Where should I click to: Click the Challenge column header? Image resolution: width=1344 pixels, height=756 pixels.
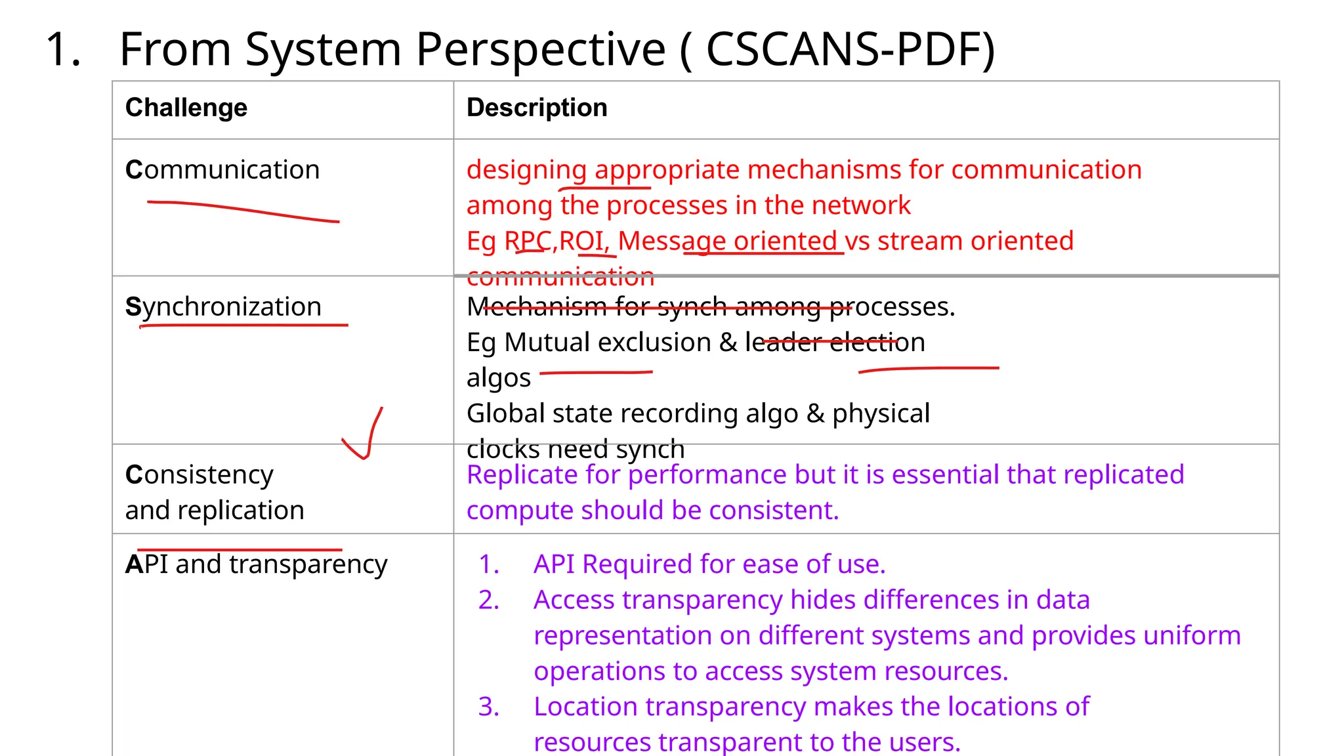(x=186, y=108)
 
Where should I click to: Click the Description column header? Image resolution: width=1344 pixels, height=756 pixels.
(x=537, y=108)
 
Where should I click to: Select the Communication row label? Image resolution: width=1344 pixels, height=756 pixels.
(x=222, y=170)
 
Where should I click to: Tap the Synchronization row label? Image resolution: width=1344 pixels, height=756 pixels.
(x=223, y=306)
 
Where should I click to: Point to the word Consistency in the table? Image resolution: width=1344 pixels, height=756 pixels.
(x=199, y=474)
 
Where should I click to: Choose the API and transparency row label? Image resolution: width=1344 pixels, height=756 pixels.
(x=256, y=564)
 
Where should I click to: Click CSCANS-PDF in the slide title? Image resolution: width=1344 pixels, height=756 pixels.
(x=843, y=49)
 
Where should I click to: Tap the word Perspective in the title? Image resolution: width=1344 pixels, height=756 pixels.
(x=541, y=49)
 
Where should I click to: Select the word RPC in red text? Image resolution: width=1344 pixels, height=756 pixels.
(x=528, y=241)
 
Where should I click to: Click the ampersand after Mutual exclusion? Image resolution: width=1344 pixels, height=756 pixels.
(x=728, y=343)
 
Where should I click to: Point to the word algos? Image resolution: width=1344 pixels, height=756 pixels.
(x=498, y=379)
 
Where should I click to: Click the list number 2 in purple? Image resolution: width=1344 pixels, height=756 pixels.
(x=488, y=600)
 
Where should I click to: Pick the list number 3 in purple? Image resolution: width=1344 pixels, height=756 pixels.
(x=488, y=707)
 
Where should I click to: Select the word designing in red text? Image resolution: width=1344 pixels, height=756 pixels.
(x=526, y=170)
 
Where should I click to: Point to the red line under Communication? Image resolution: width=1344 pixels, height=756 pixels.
(x=243, y=211)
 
